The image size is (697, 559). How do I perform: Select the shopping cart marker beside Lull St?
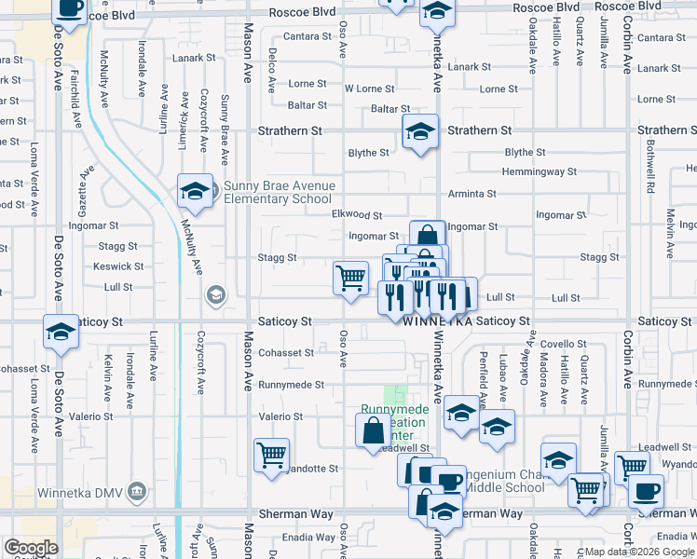pos(350,278)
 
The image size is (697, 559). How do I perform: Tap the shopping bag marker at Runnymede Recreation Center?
pos(373,430)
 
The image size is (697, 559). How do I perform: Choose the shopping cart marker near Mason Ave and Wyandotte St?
pos(271,456)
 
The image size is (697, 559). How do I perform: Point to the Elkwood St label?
pos(357,214)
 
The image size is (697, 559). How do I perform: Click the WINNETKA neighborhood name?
pos(441,320)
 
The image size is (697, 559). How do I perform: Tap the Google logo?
pos(31,548)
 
